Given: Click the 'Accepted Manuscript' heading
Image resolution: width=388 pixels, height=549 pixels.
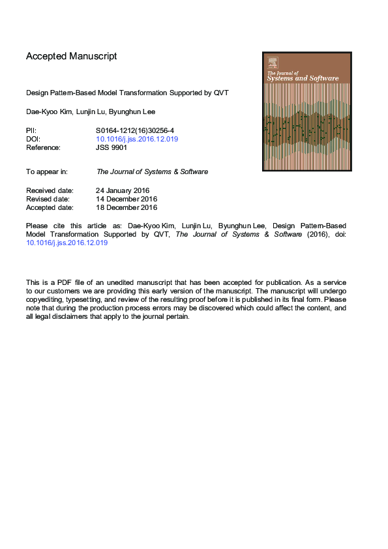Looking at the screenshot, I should point(71,56).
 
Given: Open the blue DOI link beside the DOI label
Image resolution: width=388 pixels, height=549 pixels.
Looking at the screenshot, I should point(137,139).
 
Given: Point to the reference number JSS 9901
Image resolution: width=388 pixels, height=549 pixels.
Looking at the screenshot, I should point(112,147).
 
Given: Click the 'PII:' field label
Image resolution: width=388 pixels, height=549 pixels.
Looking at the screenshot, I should point(31,130).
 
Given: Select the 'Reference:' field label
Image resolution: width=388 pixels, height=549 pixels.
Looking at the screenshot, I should point(43,147).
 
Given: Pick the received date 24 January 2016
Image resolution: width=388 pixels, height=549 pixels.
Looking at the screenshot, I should point(123,190).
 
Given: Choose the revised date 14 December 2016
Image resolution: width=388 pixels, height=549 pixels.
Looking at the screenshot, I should point(127,199).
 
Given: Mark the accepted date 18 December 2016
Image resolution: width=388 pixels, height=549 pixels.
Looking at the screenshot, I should point(127,207).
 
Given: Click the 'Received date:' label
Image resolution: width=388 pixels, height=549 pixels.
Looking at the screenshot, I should point(50,190).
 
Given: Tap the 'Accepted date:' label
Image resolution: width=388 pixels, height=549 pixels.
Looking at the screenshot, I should point(50,207).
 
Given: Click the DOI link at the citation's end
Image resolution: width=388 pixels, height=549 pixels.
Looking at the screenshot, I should point(67,243).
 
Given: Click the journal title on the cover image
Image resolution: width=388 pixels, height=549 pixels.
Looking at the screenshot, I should point(303,76).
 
